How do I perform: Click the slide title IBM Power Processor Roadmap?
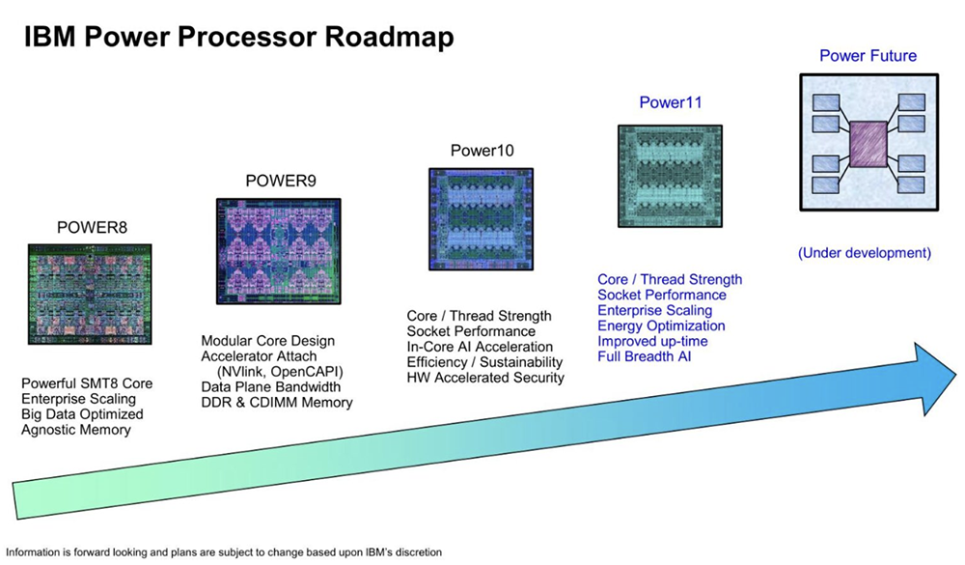tap(238, 38)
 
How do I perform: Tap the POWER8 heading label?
tap(92, 228)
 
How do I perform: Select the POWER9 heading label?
tap(281, 181)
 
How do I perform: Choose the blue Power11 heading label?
tap(669, 102)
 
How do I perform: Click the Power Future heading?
tap(868, 56)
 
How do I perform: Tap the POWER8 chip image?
tap(92, 295)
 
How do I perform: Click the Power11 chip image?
tap(670, 176)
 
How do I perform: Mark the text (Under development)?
tap(865, 254)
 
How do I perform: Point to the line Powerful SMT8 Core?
tap(87, 383)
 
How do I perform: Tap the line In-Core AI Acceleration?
tap(480, 347)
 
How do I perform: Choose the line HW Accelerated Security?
tap(485, 378)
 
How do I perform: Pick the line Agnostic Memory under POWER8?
tap(75, 430)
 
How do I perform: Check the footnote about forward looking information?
tap(224, 552)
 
